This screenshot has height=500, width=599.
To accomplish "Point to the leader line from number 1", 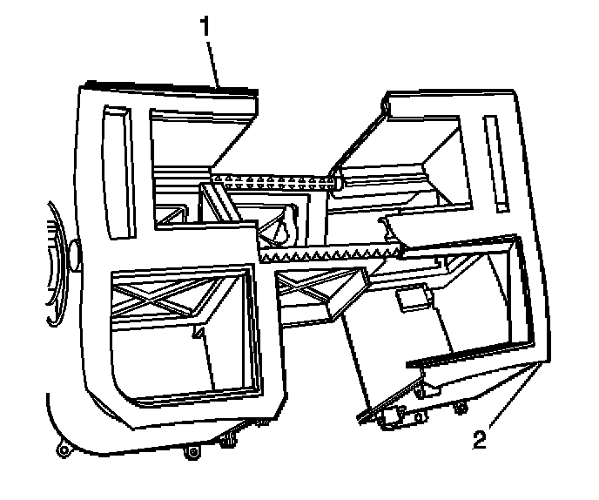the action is [214, 61].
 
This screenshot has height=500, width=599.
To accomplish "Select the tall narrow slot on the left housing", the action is [118, 171].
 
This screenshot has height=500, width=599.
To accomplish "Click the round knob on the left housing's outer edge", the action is [74, 253].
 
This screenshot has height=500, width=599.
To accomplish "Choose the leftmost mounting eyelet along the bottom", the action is [63, 450].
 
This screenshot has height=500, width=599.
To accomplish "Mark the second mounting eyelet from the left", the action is [192, 452].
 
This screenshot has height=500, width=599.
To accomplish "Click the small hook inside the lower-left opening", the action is [199, 333].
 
